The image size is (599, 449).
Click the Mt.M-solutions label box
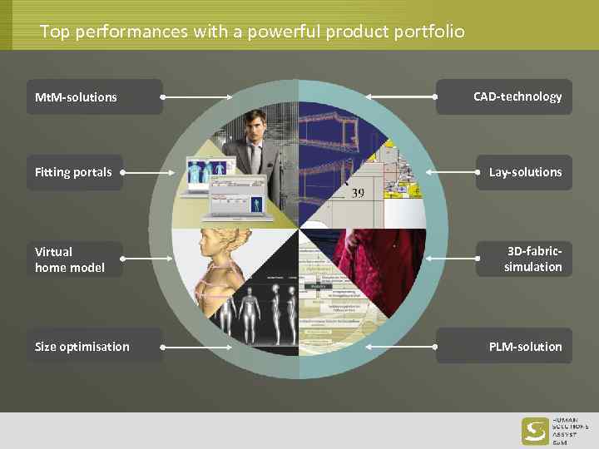pos(94,97)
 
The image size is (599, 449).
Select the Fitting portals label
pos(74,172)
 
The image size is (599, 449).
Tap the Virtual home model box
pos(74,259)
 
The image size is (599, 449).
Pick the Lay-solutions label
pos(524,172)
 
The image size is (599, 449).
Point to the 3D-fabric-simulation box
pos(524,259)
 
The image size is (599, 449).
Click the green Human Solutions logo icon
pos(535,431)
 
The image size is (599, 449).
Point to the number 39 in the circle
pos(358,193)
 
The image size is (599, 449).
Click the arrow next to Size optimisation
pos(200,346)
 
